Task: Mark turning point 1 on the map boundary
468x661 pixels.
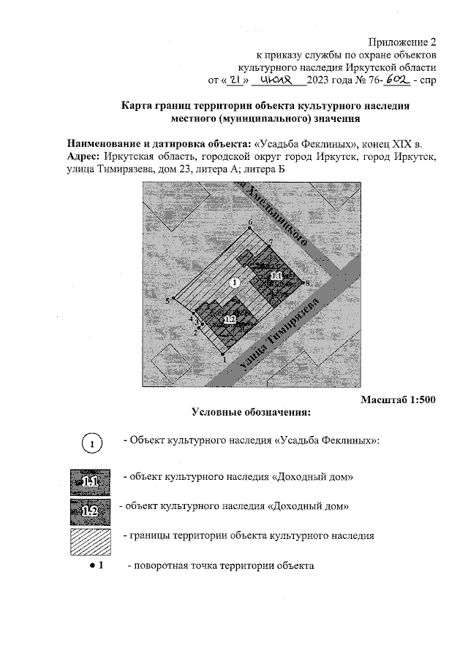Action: click(x=223, y=353)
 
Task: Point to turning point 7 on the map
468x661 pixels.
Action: click(x=268, y=248)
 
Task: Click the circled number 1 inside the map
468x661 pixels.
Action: click(x=234, y=282)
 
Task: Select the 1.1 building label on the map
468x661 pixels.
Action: click(x=276, y=276)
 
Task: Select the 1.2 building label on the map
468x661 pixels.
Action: click(x=230, y=319)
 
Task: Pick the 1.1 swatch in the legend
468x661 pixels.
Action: click(x=89, y=480)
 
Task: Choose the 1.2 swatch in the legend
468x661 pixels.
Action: click(x=89, y=509)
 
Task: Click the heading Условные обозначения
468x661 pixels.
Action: click(x=251, y=412)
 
